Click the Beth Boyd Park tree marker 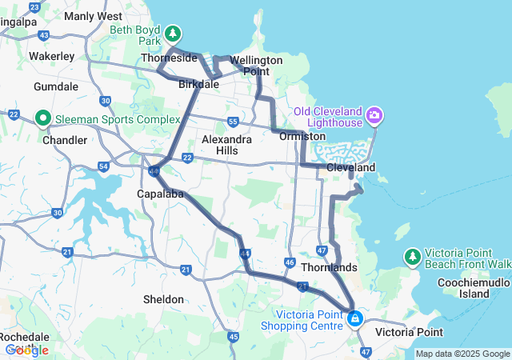click(x=173, y=34)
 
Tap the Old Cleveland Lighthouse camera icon click(x=374, y=118)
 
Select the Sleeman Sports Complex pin click(x=43, y=119)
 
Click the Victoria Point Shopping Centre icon click(x=354, y=318)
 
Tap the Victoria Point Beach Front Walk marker click(x=412, y=256)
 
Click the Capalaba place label click(x=161, y=194)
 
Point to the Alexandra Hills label click(x=226, y=145)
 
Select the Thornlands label click(x=328, y=266)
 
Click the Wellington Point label click(x=256, y=66)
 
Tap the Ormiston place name click(x=303, y=136)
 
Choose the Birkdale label click(x=199, y=83)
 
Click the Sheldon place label click(x=163, y=299)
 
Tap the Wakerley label click(x=51, y=56)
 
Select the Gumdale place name click(x=56, y=86)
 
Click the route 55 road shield click(x=233, y=122)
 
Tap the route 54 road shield click(x=103, y=166)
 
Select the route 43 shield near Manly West click(x=44, y=35)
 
